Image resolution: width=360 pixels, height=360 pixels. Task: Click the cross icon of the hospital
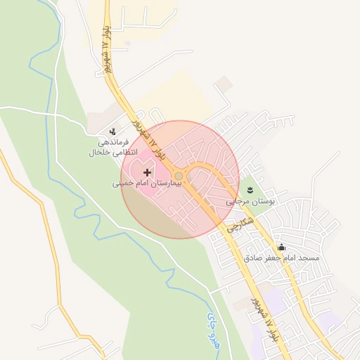coord(146,172)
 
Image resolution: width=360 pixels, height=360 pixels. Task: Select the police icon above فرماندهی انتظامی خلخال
coord(112,132)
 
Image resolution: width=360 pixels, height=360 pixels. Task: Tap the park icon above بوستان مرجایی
coord(250,191)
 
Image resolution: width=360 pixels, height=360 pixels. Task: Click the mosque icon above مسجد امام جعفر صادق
coord(281,247)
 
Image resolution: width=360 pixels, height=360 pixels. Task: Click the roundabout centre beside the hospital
coord(179,176)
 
